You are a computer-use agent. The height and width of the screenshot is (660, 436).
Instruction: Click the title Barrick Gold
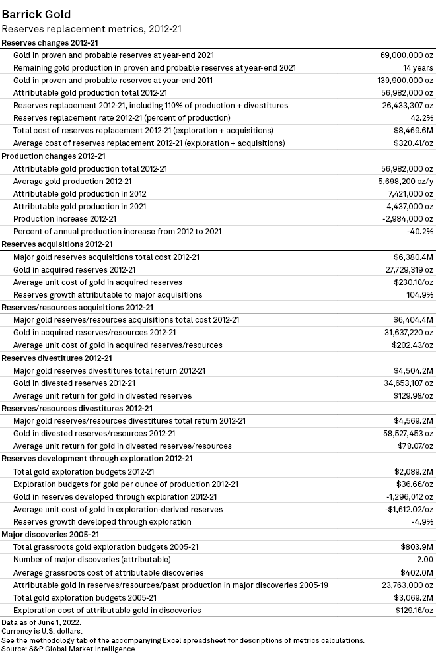pos(36,14)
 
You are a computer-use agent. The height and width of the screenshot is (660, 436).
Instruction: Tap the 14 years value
pos(418,67)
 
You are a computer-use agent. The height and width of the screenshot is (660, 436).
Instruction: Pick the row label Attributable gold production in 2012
pos(79,193)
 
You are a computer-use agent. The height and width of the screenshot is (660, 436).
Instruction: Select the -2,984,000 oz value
pos(405,218)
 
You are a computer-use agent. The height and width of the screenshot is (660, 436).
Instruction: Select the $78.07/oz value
pos(414,445)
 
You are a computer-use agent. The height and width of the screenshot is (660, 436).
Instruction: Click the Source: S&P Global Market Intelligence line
pos(68,649)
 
